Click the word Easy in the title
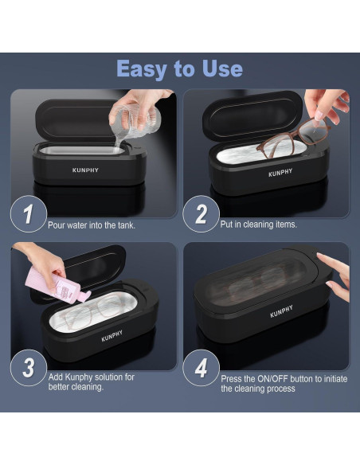pos(142,69)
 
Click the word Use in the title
pos(222,68)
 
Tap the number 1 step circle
pos(29,214)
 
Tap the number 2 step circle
pos(201,214)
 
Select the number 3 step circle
pos(29,368)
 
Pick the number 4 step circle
pos(201,368)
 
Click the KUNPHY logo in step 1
pos(85,170)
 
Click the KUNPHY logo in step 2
pos(280,173)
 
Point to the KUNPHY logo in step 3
pos(112,336)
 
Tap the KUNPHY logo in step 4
pos(281,311)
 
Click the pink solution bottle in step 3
pos(57,285)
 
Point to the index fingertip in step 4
pos(319,255)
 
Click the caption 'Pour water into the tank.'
pos(92,225)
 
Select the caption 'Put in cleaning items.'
pos(258,225)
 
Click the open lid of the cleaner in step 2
pos(252,115)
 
